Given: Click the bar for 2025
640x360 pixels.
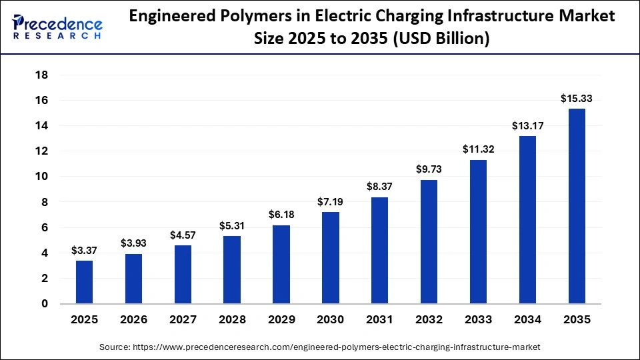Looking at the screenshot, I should click(84, 282).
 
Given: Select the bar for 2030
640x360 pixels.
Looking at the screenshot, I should click(331, 258).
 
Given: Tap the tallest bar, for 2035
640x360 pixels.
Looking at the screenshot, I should click(577, 206).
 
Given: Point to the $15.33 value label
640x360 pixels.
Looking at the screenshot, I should click(577, 99).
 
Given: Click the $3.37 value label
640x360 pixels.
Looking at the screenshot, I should click(84, 251).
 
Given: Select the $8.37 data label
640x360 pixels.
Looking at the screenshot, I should click(379, 187).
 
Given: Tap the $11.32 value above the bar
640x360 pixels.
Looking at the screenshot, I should click(478, 150).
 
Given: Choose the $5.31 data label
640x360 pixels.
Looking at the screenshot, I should click(232, 226).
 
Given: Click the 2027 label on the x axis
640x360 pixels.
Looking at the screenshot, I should click(183, 320).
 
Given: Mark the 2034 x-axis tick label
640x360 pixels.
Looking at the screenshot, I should click(527, 320).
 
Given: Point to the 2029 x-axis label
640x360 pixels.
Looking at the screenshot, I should click(281, 320).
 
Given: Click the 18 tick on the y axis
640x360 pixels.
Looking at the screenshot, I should click(41, 75).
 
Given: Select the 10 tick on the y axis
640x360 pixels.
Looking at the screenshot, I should click(41, 177).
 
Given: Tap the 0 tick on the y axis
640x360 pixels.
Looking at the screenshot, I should click(45, 304).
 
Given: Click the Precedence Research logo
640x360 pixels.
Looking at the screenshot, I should click(57, 27).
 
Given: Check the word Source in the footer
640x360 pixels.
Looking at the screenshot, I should click(114, 347).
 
